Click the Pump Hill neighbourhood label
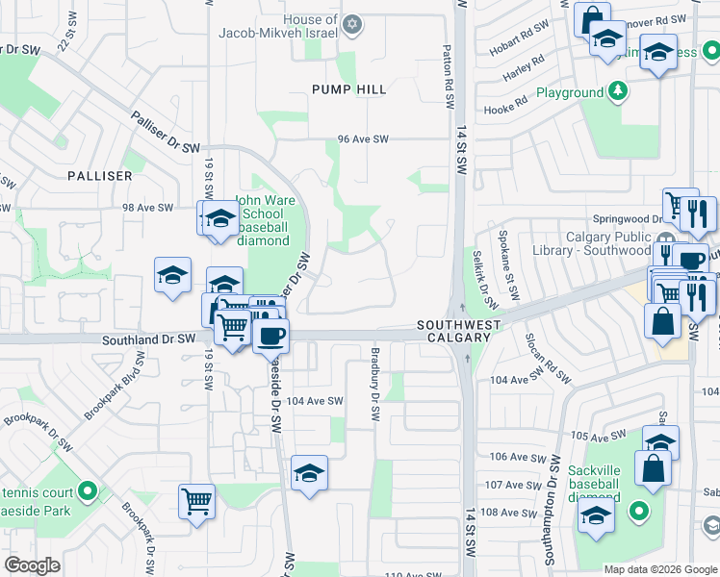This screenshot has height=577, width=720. tap(348, 89)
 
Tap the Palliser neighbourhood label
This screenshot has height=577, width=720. tap(99, 176)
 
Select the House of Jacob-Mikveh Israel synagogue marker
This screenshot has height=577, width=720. tap(352, 23)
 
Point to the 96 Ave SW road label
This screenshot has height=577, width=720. tap(363, 139)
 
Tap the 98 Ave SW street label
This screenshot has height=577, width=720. tap(147, 208)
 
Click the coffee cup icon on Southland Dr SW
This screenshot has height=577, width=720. tap(271, 335)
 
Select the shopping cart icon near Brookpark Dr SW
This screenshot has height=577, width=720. tap(196, 500)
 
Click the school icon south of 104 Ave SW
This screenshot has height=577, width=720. tap(309, 473)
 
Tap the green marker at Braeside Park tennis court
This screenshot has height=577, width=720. tap(88, 493)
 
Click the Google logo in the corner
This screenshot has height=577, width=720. tap(32, 565)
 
